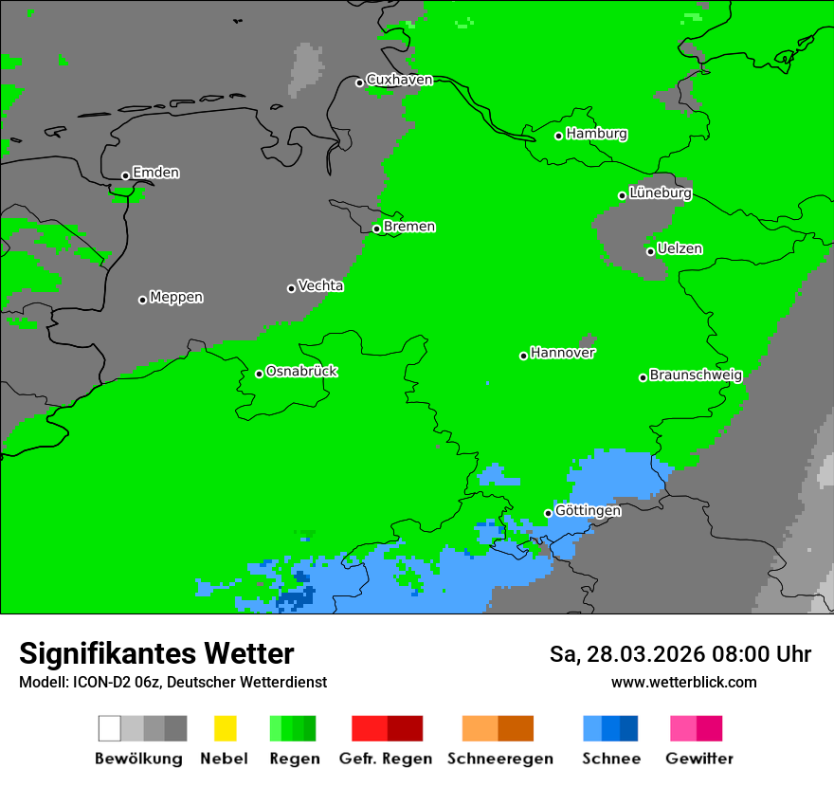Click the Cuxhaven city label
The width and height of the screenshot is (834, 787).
pyautogui.click(x=399, y=80)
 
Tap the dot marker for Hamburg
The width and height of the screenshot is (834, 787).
pyautogui.click(x=559, y=136)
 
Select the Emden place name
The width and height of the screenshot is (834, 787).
pyautogui.click(x=155, y=173)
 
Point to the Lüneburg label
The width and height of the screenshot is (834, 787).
pyautogui.click(x=660, y=192)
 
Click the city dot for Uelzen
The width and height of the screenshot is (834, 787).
pyautogui.click(x=650, y=251)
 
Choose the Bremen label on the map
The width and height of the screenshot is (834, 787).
pyautogui.click(x=408, y=227)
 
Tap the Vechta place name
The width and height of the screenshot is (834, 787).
pyautogui.click(x=320, y=285)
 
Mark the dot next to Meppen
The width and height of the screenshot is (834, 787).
pyautogui.click(x=142, y=300)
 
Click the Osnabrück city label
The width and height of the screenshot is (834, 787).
pyautogui.click(x=301, y=371)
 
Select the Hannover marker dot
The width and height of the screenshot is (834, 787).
pyautogui.click(x=523, y=356)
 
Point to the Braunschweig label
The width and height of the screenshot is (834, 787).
pyautogui.click(x=696, y=375)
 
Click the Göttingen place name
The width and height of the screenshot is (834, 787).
pyautogui.click(x=588, y=510)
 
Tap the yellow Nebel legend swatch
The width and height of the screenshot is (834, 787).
pyautogui.click(x=225, y=728)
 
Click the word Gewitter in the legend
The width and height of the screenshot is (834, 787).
pyautogui.click(x=698, y=759)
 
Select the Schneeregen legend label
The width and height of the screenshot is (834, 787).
pyautogui.click(x=499, y=759)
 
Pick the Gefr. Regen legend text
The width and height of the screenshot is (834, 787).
pyautogui.click(x=385, y=759)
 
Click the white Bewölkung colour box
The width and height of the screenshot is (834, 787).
pyautogui.click(x=110, y=728)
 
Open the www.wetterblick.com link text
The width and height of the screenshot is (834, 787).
pyautogui.click(x=683, y=682)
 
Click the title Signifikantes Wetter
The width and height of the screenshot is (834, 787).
pyautogui.click(x=156, y=653)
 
